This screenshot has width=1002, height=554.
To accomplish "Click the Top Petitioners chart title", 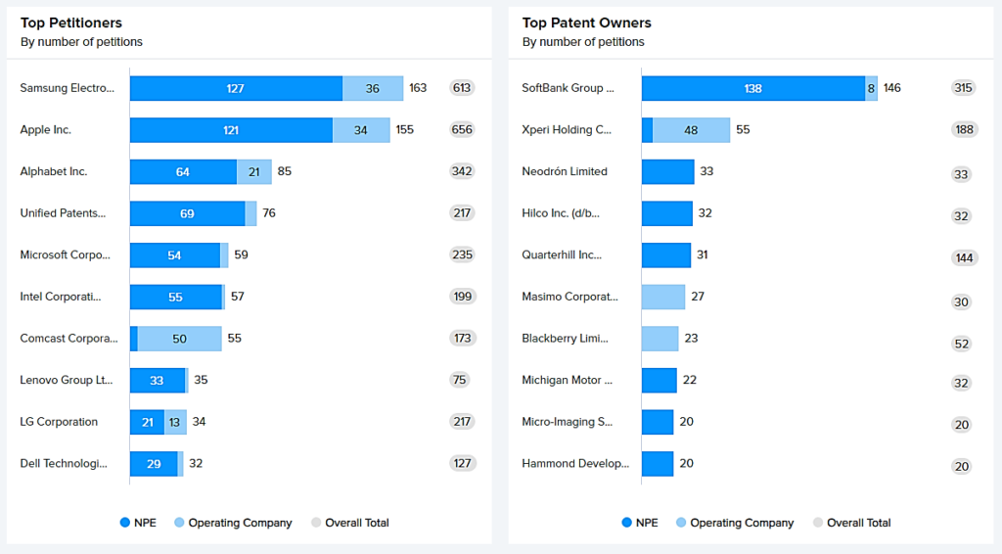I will tap(70, 23).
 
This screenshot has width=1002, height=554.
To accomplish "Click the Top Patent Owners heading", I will tap(586, 23).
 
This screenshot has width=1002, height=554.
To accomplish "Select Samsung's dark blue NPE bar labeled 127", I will tap(236, 88).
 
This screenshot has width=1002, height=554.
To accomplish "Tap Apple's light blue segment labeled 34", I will tap(361, 130).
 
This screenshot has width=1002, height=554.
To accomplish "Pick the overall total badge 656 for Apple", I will tap(462, 130).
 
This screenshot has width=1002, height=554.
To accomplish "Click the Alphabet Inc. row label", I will tap(54, 171).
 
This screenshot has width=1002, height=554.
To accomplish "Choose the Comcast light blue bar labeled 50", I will tap(180, 339).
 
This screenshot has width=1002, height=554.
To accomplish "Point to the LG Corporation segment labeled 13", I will tap(174, 422).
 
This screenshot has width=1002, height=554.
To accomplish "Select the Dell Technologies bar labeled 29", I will tap(154, 464).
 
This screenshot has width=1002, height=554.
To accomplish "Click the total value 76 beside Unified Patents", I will tap(269, 213).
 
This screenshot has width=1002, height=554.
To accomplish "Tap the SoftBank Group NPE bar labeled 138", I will tap(752, 88).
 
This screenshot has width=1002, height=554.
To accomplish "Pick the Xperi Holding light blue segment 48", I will tap(691, 130).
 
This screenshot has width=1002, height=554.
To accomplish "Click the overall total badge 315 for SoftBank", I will tap(964, 88).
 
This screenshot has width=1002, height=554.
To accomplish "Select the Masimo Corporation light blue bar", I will tap(663, 297).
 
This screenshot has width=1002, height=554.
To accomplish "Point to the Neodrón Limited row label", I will tap(565, 171).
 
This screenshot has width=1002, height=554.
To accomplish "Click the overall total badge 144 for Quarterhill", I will tap(964, 257).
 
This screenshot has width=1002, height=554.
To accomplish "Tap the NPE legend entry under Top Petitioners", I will tap(143, 523).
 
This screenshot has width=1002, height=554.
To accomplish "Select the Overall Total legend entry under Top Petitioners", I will tap(349, 523).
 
